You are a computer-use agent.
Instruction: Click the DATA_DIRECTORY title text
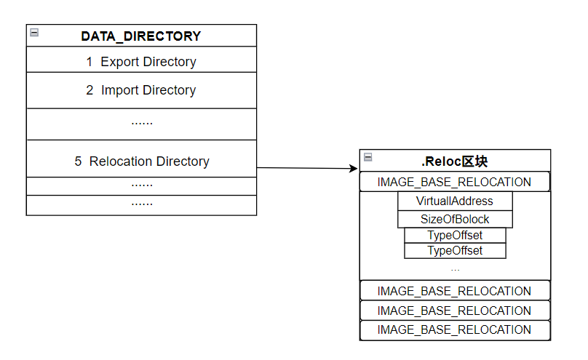click(141, 36)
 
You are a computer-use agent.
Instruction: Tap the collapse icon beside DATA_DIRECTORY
click(34, 33)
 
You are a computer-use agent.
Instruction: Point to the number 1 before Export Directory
click(90, 62)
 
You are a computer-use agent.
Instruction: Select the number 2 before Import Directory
click(90, 90)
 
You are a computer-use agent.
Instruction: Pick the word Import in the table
click(121, 90)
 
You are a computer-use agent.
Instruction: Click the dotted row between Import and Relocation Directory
click(141, 122)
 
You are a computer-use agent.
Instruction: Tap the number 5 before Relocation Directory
click(78, 161)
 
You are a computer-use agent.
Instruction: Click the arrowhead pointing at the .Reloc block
click(354, 169)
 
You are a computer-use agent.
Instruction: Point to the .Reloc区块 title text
click(455, 161)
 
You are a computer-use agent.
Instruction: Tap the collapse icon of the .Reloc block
click(367, 157)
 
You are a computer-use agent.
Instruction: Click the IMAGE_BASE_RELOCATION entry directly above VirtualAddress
click(454, 182)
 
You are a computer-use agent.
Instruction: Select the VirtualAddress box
click(455, 201)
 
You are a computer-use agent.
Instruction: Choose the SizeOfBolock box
click(455, 219)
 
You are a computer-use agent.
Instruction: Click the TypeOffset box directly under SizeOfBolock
click(455, 235)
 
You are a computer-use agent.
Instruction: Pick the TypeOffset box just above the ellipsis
click(455, 250)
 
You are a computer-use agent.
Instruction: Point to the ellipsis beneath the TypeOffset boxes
click(455, 269)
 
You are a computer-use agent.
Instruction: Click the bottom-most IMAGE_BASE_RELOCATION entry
click(454, 329)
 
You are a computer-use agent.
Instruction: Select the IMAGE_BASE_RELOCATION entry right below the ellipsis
click(454, 291)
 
